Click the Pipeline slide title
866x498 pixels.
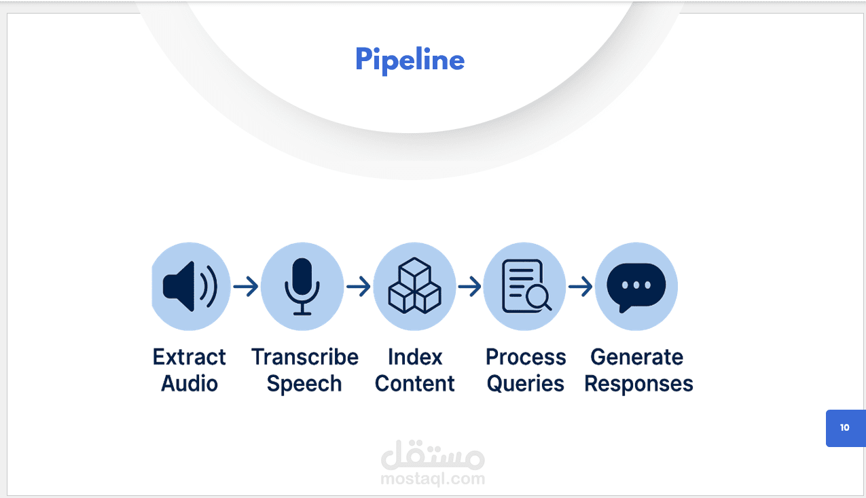(410, 60)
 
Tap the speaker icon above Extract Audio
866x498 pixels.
(190, 287)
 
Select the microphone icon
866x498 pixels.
(302, 287)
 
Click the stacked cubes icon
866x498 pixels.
(414, 287)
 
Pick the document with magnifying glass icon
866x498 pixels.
(525, 287)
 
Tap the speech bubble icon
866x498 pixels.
(636, 286)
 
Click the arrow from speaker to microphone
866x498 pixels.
(246, 287)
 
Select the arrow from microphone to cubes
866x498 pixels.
(359, 287)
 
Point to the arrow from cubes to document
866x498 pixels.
(470, 287)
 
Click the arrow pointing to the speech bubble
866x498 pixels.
(581, 287)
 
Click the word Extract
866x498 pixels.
(190, 357)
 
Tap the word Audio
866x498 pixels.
(190, 384)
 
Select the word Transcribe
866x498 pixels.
(305, 357)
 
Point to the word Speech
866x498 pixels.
(304, 385)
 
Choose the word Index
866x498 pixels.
(415, 357)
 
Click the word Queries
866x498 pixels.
(526, 384)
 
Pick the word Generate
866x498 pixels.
(637, 357)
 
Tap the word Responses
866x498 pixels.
(638, 384)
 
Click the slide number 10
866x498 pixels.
(844, 428)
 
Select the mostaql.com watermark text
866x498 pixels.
(433, 479)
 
